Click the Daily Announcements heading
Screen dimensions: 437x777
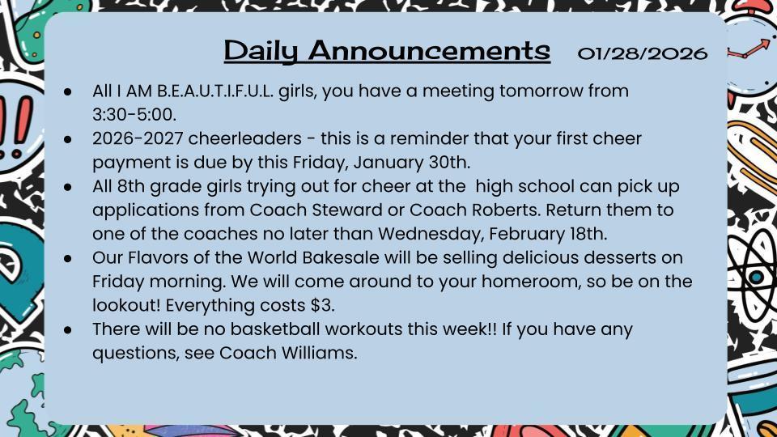click(387, 51)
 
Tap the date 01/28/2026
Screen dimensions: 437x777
click(643, 53)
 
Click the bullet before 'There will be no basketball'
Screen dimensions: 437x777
click(70, 330)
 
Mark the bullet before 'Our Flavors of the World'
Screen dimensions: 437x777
click(70, 259)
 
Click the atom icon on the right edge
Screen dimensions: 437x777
click(755, 275)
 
